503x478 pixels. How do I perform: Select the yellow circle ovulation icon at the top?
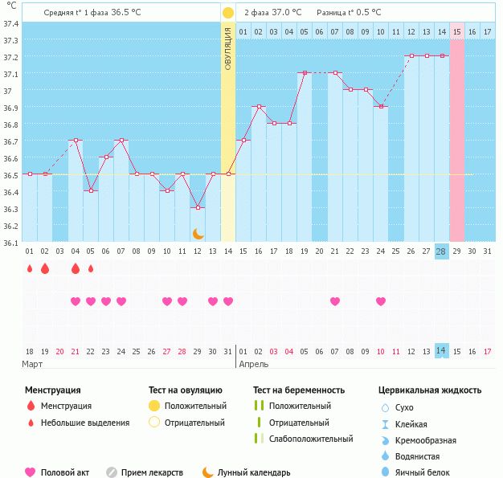click(227, 14)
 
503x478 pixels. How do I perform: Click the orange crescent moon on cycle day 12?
click(198, 233)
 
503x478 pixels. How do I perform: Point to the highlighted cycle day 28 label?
click(441, 251)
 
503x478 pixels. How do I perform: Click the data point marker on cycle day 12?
click(198, 207)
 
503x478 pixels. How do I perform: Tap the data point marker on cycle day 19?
click(305, 72)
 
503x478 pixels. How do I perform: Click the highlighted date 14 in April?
click(441, 351)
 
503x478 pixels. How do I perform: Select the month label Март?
click(33, 364)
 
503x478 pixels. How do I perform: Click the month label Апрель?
click(254, 364)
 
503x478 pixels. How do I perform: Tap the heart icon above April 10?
click(381, 301)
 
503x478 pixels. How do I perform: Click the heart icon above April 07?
click(335, 301)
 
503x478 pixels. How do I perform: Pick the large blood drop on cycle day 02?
click(45, 268)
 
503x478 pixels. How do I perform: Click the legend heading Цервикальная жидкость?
click(430, 390)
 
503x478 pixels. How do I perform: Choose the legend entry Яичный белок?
click(423, 472)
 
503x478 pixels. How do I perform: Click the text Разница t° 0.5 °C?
click(350, 13)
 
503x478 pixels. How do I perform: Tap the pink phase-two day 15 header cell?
click(457, 31)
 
